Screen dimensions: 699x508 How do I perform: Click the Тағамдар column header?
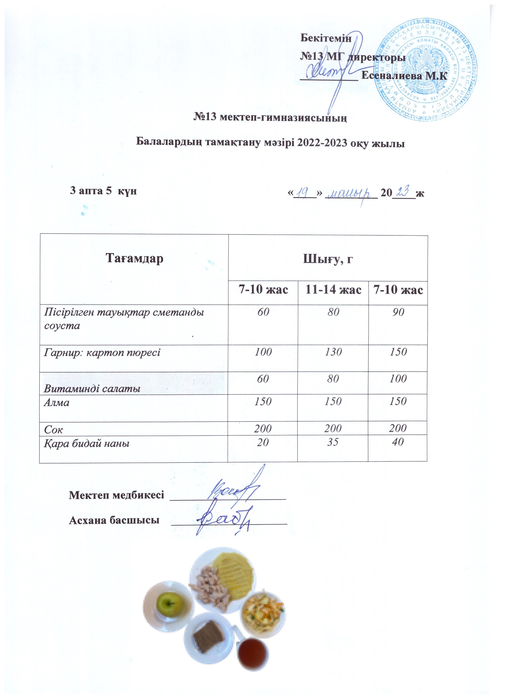[x=134, y=258]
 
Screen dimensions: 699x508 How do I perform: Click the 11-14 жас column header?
[x=333, y=290]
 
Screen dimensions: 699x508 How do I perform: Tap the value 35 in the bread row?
[x=333, y=443]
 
